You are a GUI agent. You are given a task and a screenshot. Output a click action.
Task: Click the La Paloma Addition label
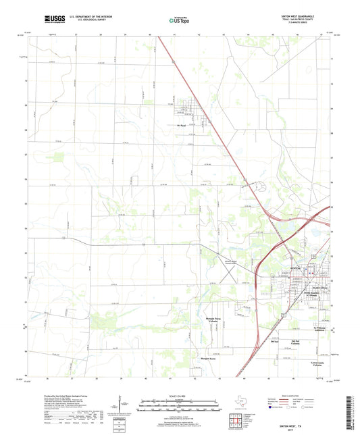tap(321, 329)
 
